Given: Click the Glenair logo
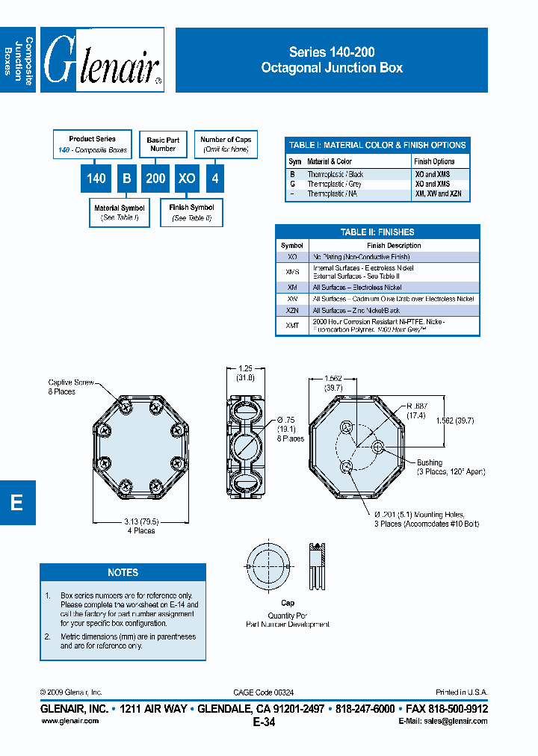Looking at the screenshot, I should pos(102,61).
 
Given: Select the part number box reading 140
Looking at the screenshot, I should pos(96,179).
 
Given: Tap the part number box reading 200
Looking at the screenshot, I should pos(155,179).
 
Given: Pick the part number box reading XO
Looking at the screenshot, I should pos(186,179).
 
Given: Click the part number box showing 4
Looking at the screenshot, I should pos(215,179).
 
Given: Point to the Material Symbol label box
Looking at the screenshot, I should pos(118,213).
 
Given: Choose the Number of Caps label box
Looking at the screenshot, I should pos(226,143).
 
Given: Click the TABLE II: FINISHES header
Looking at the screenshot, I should pos(377,232).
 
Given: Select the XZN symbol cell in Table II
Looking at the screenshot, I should pos(292,309).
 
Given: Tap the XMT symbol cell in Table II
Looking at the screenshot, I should pos(292,325).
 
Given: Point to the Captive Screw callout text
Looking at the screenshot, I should pos(70,386).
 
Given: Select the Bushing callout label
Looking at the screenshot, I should pos(430,462).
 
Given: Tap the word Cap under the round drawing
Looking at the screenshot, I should pos(288,603).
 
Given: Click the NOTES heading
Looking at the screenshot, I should pos(123,572).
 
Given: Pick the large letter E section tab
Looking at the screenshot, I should pos(16,503).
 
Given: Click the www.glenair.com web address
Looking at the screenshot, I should pos(69,721).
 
